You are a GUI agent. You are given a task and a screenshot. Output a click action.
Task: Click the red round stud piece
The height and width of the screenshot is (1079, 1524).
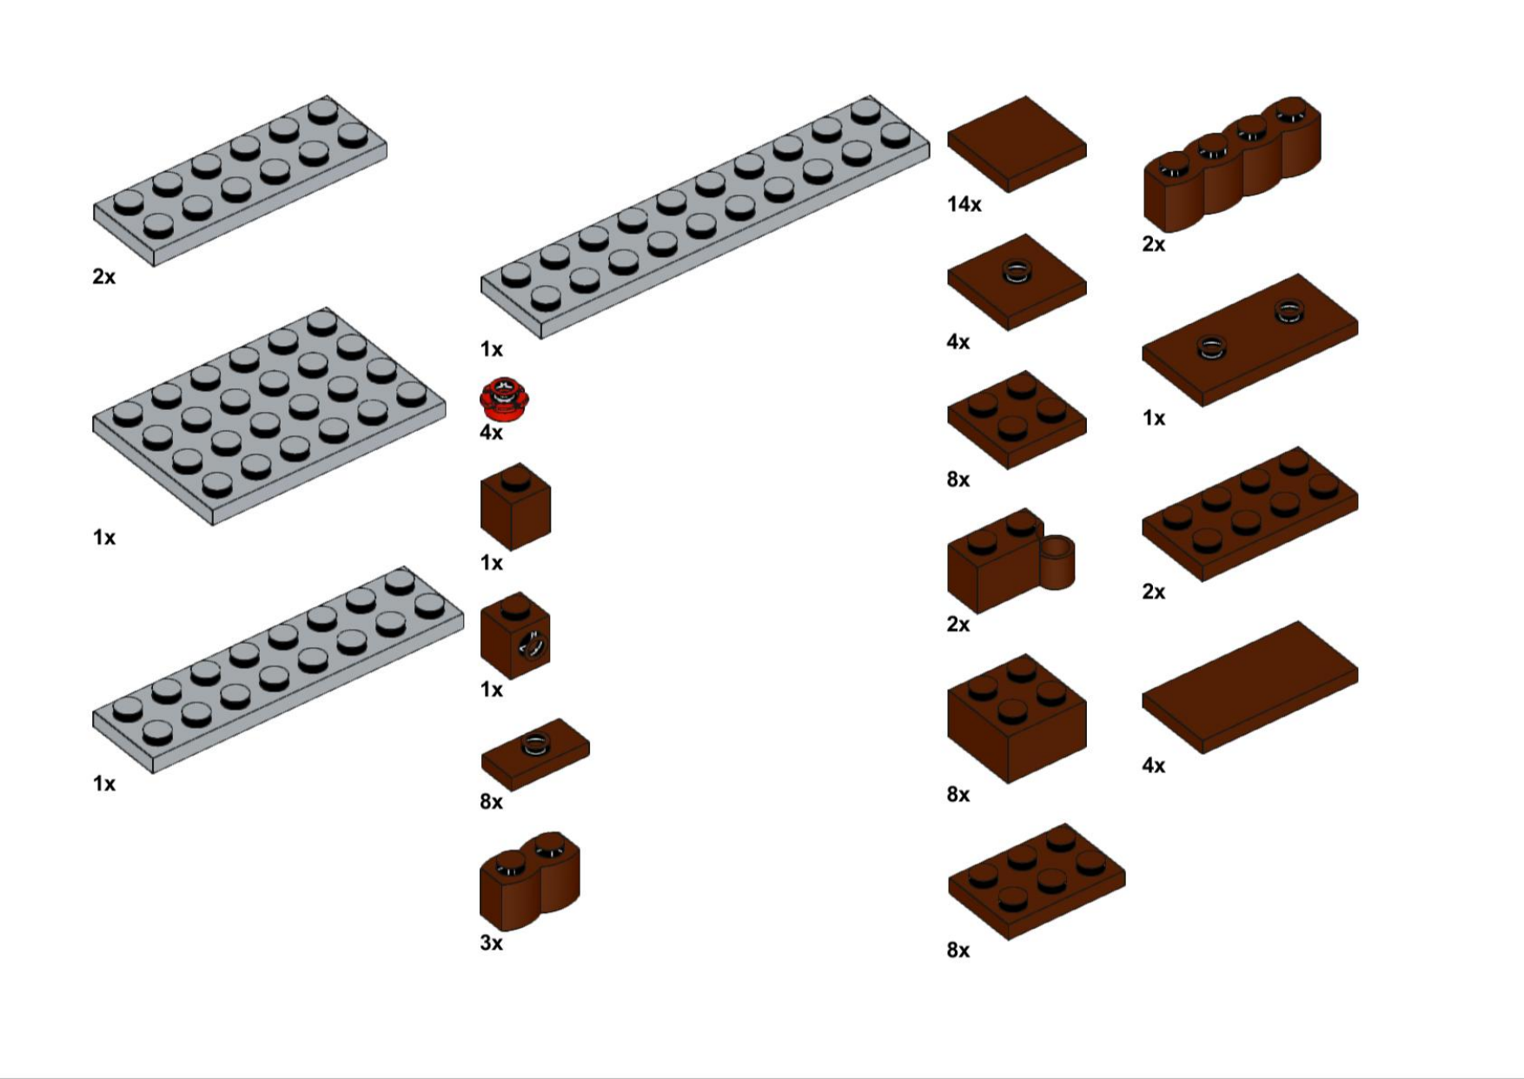pos(504,399)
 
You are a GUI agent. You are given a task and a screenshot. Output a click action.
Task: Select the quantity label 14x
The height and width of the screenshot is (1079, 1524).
pos(964,204)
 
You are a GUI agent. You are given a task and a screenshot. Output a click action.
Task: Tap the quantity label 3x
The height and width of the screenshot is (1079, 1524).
pos(491,943)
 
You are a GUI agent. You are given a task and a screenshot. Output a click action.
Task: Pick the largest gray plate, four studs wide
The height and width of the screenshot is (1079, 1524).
pos(268,416)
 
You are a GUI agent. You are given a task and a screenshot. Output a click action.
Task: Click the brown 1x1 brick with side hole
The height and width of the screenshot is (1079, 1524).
pos(515,635)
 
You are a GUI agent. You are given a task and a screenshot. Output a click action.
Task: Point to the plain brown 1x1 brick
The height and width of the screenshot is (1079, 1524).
pos(515,506)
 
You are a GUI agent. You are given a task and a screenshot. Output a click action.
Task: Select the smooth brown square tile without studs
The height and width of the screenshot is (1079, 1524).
pos(1017,143)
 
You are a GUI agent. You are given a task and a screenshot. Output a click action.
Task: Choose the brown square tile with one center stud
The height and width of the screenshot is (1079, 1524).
pos(1017,281)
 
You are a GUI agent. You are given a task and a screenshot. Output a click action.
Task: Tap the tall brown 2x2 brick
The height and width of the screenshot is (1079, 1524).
pos(1017,718)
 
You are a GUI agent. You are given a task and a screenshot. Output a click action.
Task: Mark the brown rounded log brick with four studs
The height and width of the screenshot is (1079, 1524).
pos(1232,164)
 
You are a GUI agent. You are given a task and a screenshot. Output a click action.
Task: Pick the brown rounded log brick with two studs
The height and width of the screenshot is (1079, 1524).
pos(529,881)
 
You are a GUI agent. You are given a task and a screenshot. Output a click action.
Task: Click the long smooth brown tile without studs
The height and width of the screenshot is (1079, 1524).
pos(1249,686)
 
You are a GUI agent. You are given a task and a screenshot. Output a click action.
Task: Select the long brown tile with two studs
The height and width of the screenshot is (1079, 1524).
pos(1249,340)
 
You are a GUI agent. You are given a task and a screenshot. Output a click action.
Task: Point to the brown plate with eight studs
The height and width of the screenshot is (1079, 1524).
pos(1249,513)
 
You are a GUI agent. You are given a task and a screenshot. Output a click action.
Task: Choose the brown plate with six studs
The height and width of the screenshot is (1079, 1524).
pos(1037,881)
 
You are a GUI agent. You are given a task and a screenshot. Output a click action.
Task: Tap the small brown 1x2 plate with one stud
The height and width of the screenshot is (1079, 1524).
pos(535,754)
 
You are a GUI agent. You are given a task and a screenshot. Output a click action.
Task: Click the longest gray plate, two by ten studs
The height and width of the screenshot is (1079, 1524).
pos(705,216)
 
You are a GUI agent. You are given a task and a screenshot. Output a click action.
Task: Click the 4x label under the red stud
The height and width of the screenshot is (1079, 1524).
pos(491,433)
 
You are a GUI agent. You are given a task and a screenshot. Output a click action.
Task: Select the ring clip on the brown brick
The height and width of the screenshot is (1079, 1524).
pos(1057,562)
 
